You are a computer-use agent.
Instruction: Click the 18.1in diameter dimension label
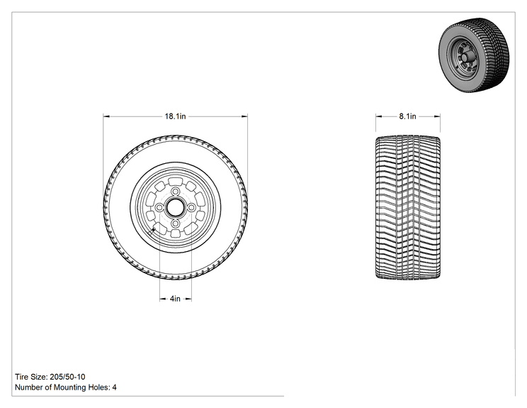pos(175,116)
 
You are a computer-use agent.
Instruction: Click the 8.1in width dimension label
pos(408,116)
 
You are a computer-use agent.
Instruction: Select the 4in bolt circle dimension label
pos(175,299)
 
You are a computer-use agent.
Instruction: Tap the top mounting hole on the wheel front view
pos(175,192)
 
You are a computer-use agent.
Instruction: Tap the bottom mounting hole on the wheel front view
pos(175,224)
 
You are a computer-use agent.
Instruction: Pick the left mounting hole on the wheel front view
pos(159,208)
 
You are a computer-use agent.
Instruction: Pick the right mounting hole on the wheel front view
pos(191,208)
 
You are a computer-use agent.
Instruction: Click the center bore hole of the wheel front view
pos(175,208)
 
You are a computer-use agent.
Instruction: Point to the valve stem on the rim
pos(153,231)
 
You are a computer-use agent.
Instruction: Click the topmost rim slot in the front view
pos(174,182)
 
